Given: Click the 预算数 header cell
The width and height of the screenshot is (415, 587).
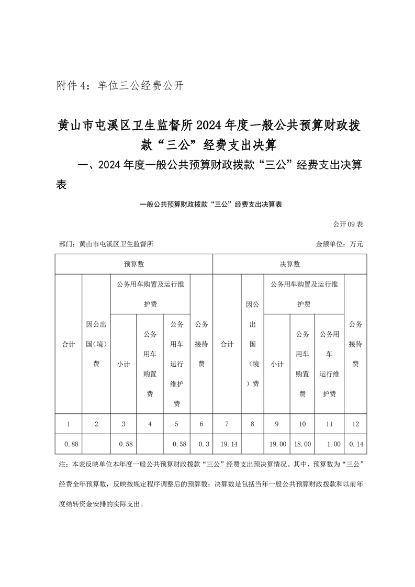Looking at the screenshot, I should [x=134, y=264].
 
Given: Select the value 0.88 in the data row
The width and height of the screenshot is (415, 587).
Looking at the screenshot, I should [x=71, y=444].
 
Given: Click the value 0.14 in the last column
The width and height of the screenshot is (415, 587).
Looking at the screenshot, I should [x=356, y=444].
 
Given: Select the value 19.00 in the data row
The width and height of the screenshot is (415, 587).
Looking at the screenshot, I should [x=277, y=444].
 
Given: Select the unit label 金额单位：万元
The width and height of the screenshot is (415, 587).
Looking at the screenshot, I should [x=339, y=244].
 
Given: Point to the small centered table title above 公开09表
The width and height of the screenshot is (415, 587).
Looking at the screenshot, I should [x=207, y=205].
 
